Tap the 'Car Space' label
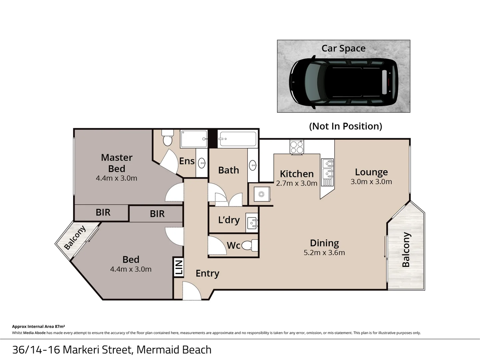coord(343,48)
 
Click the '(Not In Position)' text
coord(345,126)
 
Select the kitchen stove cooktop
coord(297,147)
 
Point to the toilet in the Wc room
coord(249,246)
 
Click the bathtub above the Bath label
coord(238,139)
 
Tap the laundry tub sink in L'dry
coord(252,222)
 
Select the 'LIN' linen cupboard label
coord(179,267)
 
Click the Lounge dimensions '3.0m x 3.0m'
coord(371,182)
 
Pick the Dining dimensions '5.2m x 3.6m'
coord(324,253)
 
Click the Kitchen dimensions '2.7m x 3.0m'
coord(296,183)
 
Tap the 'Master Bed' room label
coord(117,163)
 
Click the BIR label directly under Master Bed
coord(103,213)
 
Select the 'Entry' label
coord(207,273)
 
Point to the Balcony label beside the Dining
coord(406,250)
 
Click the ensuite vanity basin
coord(202,163)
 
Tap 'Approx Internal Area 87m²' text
coord(38,327)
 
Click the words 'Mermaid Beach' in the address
coord(174,350)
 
